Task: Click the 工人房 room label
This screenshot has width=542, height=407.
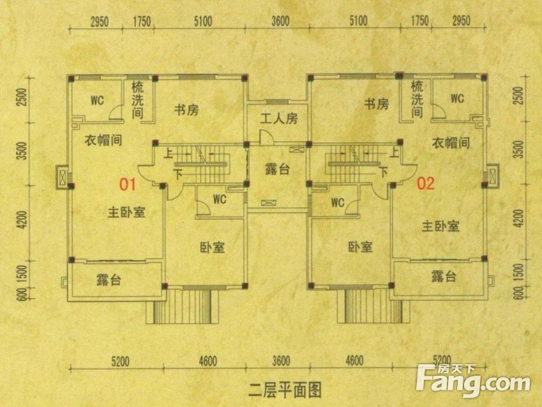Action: (278, 119)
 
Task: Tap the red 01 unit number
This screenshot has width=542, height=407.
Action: (128, 185)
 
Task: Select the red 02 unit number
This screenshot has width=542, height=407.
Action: (426, 183)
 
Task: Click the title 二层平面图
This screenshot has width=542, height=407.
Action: (285, 390)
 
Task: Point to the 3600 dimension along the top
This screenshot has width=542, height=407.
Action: (280, 21)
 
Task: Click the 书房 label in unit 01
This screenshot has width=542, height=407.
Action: (186, 110)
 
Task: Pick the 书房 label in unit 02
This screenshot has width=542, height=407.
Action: (377, 104)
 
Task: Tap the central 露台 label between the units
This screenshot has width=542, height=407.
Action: (277, 169)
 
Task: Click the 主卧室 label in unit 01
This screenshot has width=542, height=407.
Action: (126, 212)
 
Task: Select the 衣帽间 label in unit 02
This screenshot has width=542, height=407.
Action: (451, 142)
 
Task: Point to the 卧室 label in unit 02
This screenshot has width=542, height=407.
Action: (361, 247)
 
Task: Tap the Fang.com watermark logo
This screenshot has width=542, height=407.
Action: (473, 381)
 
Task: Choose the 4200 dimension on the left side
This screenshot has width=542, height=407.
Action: (22, 219)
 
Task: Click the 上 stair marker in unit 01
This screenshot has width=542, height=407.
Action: (169, 153)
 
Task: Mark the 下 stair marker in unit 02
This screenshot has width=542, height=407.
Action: (383, 172)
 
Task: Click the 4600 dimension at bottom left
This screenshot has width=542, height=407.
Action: (208, 362)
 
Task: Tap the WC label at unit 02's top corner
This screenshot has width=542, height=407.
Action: (457, 98)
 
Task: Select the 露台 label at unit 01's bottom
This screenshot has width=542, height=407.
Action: (109, 280)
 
